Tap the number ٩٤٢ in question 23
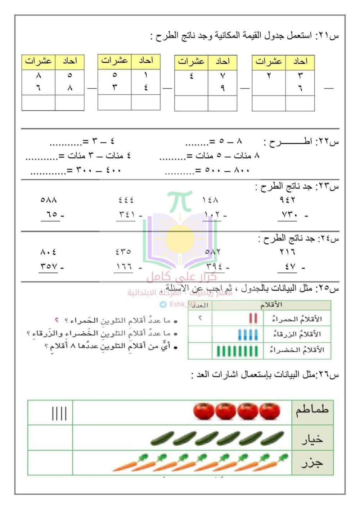point(287,200)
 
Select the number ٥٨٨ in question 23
point(49,200)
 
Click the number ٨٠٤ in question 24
point(48,252)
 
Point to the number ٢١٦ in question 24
point(287,252)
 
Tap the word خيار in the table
point(312,439)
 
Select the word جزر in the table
point(312,463)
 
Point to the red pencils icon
point(253,319)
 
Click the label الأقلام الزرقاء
point(297,334)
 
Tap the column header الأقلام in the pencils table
point(271,305)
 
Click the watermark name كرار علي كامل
point(181,277)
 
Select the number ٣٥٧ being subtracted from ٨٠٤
point(49,267)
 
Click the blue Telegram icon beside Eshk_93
point(163,305)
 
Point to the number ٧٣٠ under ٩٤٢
point(289,215)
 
